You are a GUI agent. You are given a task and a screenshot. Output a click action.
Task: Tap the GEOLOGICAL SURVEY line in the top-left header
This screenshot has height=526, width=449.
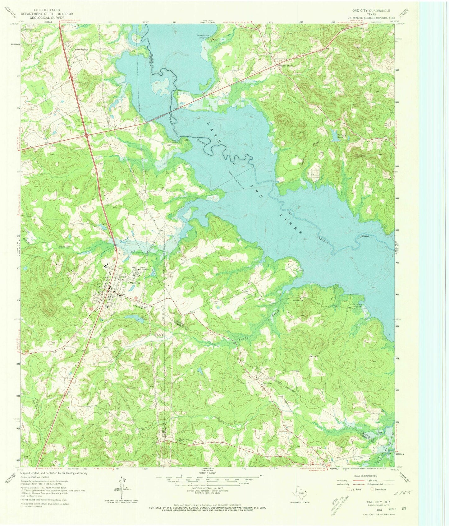click(42, 18)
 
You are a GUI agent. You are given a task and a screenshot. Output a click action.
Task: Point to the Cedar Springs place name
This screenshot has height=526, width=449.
click(81, 49)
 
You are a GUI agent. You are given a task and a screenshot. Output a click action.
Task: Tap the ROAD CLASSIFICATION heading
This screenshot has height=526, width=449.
click(364, 476)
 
